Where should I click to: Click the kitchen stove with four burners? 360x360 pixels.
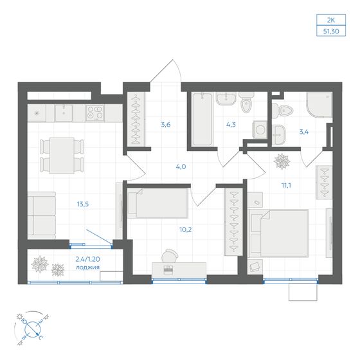coord(95,113)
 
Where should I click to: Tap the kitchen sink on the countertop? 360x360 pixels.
coord(66,113)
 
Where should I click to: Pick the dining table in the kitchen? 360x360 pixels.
coord(61,155)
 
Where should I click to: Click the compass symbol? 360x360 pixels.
coord(30,327)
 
